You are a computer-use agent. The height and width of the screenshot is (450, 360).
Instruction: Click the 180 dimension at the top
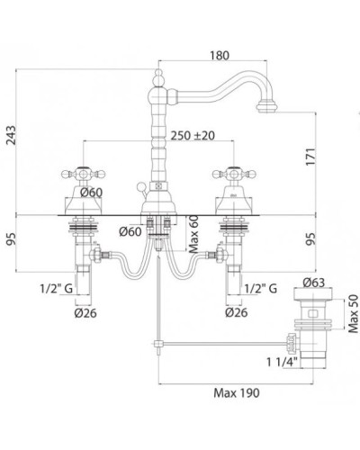tap(220, 56)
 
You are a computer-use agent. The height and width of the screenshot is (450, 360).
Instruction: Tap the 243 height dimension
tap(12, 135)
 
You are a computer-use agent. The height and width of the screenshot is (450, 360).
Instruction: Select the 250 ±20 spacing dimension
tap(193, 135)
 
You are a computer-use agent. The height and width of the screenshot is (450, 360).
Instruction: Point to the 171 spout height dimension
tap(310, 157)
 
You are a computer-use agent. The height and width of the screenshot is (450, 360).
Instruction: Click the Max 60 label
tap(193, 234)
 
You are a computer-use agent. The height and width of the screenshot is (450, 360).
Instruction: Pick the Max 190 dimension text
tap(237, 392)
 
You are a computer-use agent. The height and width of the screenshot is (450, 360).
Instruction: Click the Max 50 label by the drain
tap(354, 313)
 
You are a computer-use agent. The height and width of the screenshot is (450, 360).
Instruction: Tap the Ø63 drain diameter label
tap(313, 283)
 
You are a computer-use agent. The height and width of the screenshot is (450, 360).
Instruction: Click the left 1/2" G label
tap(57, 289)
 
